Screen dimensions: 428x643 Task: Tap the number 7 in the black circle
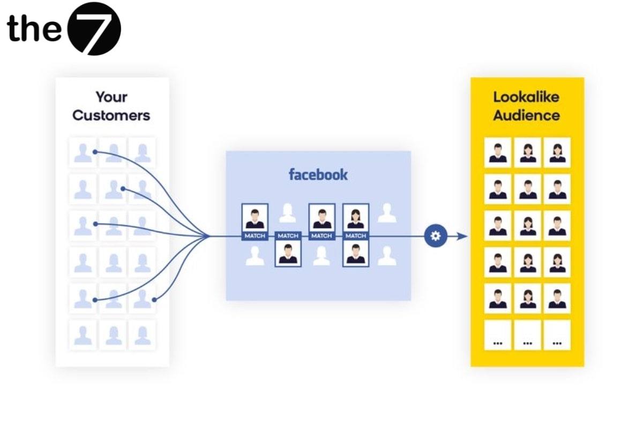[x=95, y=29]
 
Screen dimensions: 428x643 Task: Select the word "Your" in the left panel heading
[x=111, y=97]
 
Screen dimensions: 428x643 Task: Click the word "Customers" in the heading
[x=111, y=115]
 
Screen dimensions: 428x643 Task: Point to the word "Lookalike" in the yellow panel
[x=526, y=97]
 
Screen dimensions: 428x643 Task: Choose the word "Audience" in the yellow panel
[x=526, y=115]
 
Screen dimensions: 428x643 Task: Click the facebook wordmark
[x=318, y=174]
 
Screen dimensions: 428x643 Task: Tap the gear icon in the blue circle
[x=435, y=236]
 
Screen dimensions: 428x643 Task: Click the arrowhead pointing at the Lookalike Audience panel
[x=462, y=236]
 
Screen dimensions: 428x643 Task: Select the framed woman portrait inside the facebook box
[x=356, y=217]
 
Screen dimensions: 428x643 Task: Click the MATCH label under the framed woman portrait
[x=356, y=236]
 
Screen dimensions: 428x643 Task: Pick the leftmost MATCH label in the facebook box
[x=255, y=236]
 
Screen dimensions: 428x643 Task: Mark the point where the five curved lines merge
[x=208, y=235]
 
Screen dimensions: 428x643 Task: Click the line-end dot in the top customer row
[x=95, y=152]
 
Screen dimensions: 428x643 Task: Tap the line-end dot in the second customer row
[x=123, y=188]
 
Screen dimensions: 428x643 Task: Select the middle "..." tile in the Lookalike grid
[x=527, y=335]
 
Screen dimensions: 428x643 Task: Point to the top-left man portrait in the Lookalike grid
[x=498, y=152]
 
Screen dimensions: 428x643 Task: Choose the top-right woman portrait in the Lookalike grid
[x=557, y=152]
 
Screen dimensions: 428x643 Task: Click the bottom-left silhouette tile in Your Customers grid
[x=83, y=335]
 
